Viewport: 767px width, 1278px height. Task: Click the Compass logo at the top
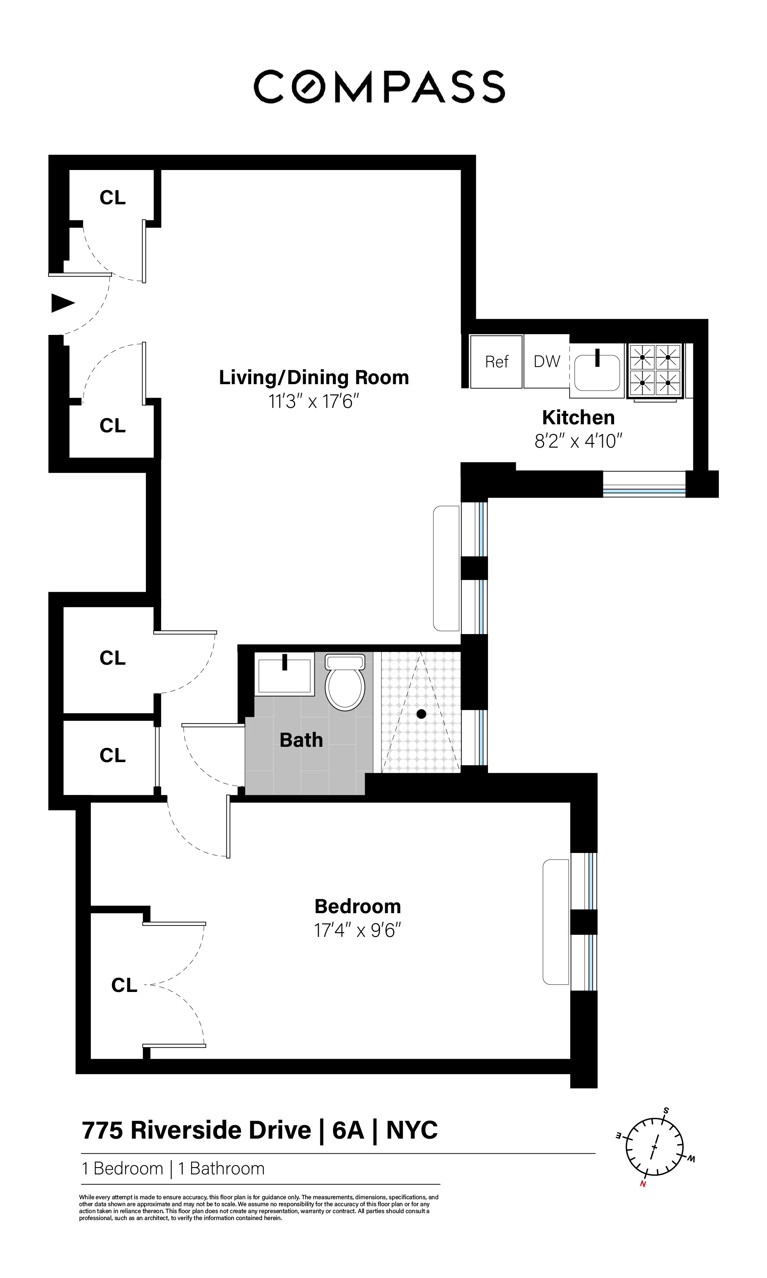click(379, 87)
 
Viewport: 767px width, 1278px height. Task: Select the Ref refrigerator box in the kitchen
click(496, 362)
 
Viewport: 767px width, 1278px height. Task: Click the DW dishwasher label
click(546, 362)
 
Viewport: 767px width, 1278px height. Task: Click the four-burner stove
click(655, 370)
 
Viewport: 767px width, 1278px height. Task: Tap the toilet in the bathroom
click(345, 683)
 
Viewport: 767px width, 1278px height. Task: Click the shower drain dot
click(421, 714)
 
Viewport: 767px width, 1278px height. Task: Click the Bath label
click(301, 740)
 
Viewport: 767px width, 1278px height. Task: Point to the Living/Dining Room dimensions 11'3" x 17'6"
click(313, 401)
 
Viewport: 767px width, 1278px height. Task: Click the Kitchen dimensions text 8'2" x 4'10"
click(578, 441)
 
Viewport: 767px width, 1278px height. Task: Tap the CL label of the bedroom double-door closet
click(124, 985)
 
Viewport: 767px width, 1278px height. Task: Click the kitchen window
click(644, 484)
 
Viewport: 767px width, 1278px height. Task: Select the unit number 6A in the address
click(348, 1130)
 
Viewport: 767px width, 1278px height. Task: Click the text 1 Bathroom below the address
click(221, 1169)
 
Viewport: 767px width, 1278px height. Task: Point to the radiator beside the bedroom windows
click(555, 922)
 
